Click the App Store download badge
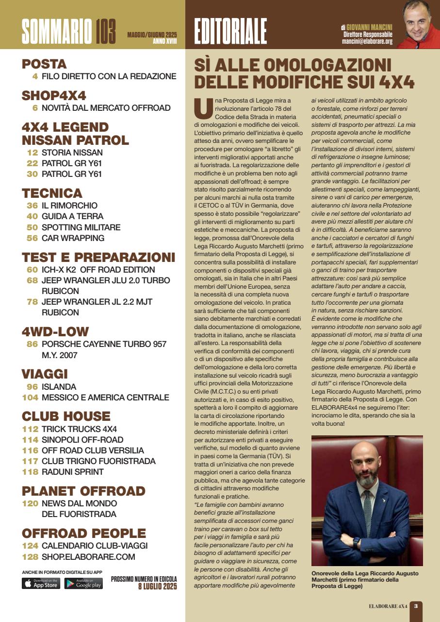(x=41, y=584)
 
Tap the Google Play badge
(x=83, y=584)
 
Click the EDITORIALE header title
(x=230, y=32)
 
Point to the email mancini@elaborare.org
(x=367, y=42)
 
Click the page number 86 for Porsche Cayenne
(x=32, y=344)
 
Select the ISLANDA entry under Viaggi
(x=59, y=387)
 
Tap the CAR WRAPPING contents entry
(x=73, y=238)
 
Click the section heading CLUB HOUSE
(x=66, y=416)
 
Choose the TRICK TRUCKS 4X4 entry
(x=79, y=429)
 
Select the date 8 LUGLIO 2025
(x=157, y=587)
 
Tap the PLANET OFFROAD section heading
(x=83, y=491)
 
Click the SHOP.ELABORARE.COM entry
(x=88, y=557)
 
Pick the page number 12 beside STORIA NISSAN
(x=33, y=153)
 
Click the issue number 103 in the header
(x=106, y=32)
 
